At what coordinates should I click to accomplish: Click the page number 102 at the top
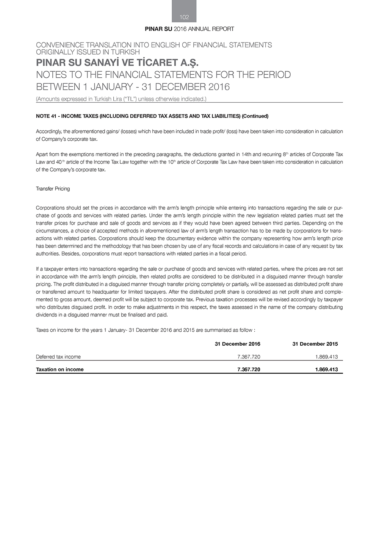[x=184, y=17]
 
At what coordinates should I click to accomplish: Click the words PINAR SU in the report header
[x=158, y=29]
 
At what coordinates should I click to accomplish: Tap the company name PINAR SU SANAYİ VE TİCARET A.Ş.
[x=117, y=62]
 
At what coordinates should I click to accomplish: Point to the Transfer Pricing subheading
[x=53, y=189]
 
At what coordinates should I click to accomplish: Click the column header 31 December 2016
[x=237, y=344]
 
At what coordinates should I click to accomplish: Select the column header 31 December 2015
[x=315, y=344]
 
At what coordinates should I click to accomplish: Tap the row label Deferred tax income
[x=58, y=357]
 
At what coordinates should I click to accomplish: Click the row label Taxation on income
[x=60, y=369]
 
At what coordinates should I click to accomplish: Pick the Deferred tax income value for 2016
[x=249, y=357]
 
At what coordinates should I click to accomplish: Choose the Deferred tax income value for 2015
[x=326, y=357]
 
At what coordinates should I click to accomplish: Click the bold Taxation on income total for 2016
[x=249, y=369]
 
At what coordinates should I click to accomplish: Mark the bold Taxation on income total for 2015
[x=326, y=369]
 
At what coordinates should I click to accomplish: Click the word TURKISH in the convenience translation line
[x=125, y=52]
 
